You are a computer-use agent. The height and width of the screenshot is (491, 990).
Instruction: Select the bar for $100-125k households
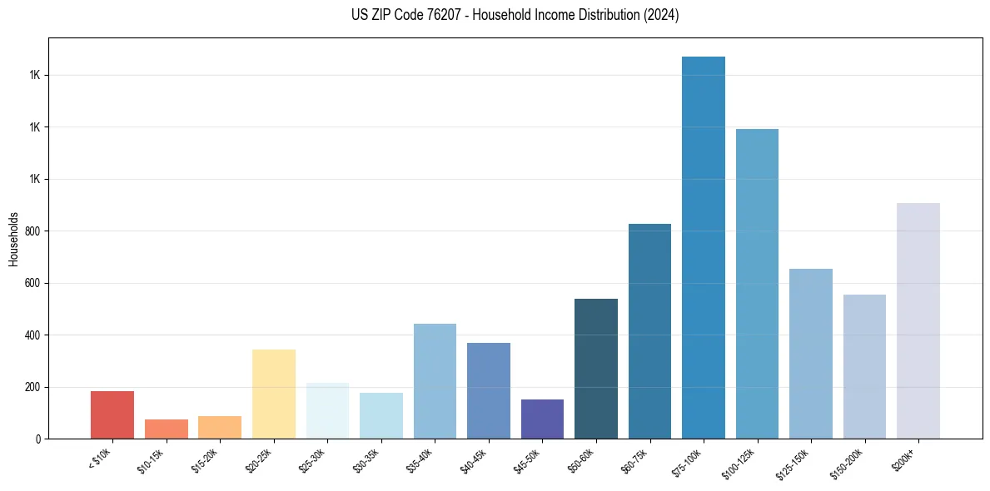(x=757, y=284)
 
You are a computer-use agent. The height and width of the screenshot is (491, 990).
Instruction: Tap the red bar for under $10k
(x=112, y=414)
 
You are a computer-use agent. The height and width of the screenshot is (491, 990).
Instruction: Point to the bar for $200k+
(x=918, y=320)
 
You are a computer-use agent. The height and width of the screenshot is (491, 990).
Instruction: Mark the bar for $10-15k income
(x=167, y=429)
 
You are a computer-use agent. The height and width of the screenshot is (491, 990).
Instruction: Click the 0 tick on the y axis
(x=37, y=439)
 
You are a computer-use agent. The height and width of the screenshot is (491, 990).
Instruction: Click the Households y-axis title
(x=13, y=238)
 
